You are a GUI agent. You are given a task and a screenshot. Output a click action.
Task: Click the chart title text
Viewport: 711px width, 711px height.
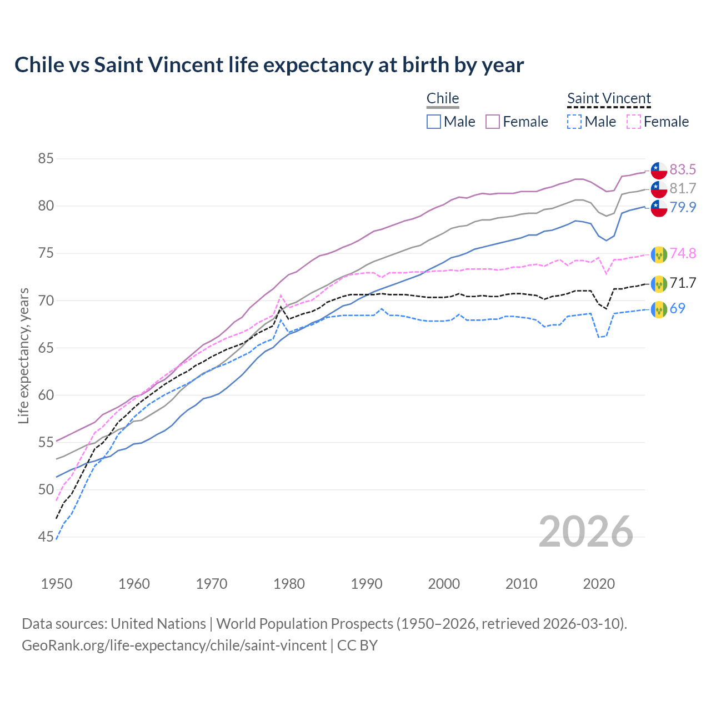[269, 65]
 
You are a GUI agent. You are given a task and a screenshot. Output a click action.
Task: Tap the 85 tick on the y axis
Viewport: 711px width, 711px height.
[46, 159]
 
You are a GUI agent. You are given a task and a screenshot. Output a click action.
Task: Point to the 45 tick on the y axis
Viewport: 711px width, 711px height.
[46, 537]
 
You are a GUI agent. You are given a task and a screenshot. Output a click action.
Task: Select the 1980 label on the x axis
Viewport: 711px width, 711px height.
[289, 584]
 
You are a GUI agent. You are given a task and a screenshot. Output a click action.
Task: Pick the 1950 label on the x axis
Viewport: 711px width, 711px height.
[57, 584]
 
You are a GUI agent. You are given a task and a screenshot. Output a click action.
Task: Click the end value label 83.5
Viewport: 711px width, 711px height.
[683, 169]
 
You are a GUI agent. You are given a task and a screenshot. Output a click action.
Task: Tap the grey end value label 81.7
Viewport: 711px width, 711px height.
[683, 188]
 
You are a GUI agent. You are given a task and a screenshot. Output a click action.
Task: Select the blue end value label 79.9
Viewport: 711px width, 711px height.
[683, 207]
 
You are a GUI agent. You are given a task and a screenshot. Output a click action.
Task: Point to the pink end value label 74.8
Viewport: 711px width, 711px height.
[683, 254]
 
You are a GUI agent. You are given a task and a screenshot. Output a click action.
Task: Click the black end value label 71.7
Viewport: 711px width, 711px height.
[683, 283]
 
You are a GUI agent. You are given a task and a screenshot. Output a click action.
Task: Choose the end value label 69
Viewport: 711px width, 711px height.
[677, 308]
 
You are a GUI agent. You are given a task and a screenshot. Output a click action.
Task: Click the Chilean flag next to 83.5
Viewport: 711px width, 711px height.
[659, 170]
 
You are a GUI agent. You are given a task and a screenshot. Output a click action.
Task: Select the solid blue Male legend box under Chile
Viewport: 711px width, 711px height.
[434, 122]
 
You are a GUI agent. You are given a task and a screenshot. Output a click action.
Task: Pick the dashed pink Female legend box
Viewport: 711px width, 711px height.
[634, 122]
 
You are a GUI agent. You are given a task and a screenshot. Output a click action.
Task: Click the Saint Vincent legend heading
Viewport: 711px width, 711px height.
[609, 99]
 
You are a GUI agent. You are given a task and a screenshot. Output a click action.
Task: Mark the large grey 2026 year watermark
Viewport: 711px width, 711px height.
[585, 532]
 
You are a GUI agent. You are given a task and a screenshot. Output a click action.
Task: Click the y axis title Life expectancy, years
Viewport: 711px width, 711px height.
[23, 355]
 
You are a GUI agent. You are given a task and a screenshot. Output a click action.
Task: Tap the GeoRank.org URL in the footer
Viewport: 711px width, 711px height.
[174, 645]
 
